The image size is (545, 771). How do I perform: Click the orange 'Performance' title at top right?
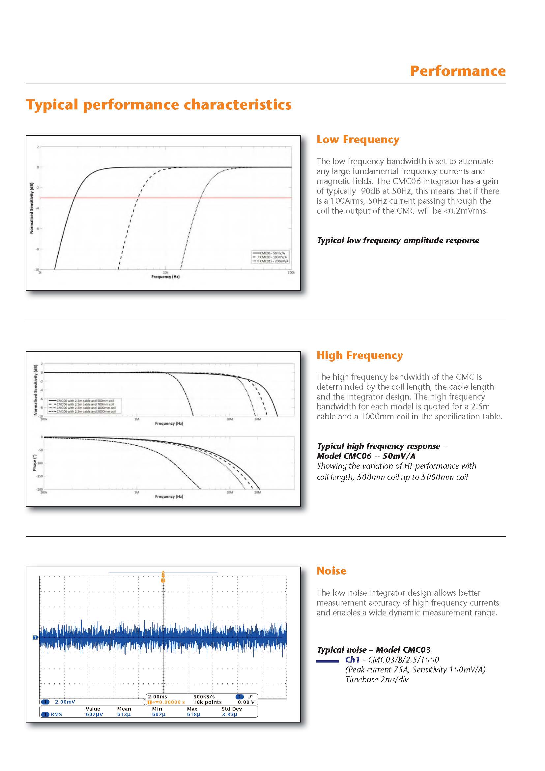457,71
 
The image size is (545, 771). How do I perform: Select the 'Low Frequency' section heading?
358,139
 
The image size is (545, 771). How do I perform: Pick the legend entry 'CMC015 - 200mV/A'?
274,261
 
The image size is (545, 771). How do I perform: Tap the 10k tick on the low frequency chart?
165,272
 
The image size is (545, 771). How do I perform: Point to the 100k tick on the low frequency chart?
291,272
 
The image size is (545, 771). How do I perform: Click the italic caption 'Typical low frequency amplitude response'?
398,240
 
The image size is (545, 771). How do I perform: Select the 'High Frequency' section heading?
360,355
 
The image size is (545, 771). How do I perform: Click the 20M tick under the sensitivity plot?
257,419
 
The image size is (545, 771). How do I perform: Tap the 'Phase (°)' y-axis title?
35,463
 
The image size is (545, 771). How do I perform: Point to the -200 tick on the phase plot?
40,489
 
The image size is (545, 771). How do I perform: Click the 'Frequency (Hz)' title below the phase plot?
169,496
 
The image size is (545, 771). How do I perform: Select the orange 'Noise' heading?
331,571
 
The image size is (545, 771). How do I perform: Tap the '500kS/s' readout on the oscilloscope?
204,697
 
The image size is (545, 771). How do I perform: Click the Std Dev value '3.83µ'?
230,715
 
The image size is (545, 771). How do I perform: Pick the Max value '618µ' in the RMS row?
194,715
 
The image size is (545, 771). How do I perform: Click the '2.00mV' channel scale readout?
65,702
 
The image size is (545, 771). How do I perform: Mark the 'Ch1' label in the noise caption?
352,660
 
